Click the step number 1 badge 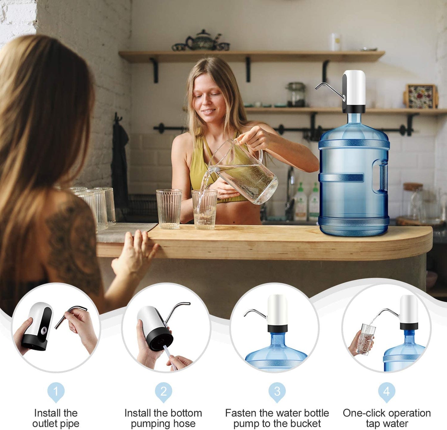56,391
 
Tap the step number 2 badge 163,391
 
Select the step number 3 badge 277,391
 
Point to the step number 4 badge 386,391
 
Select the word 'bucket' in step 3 306,423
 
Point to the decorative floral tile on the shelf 421,96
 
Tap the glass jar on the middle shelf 296,95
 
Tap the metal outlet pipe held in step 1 70,315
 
